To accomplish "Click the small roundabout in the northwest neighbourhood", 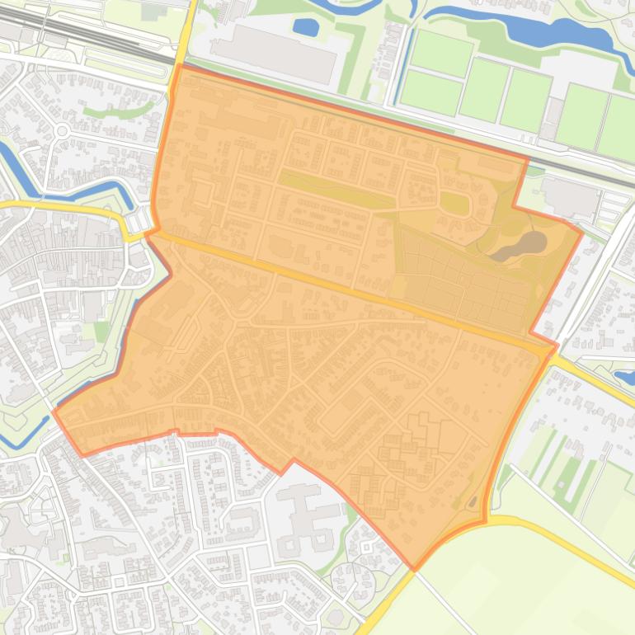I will (x=62, y=131).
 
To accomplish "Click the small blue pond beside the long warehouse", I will (x=306, y=28).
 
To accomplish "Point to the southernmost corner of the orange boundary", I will (x=414, y=568).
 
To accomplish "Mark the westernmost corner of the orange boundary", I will (x=54, y=412).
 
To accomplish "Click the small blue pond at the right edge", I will (x=624, y=377).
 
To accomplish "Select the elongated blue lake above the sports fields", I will (x=528, y=29).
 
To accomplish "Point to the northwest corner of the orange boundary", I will (x=178, y=66).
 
